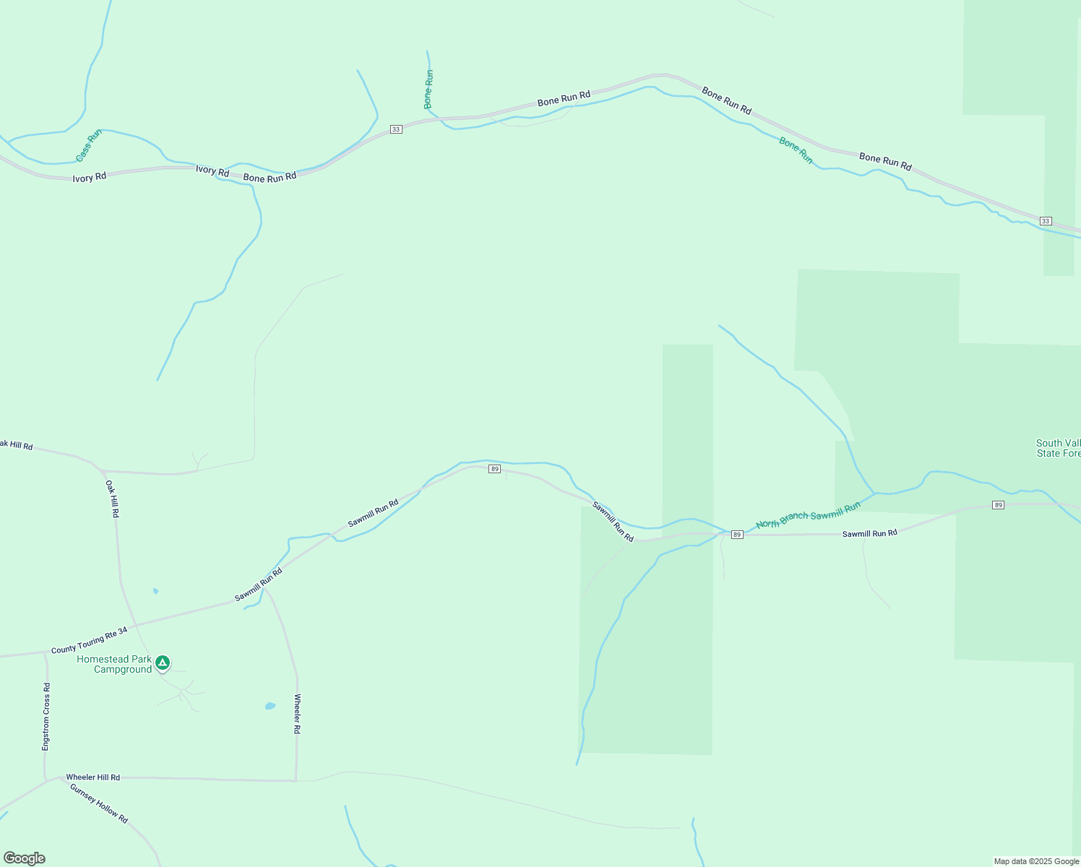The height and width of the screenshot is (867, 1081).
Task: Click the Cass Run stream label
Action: [x=89, y=145]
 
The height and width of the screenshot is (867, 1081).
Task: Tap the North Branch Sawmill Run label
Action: [x=808, y=515]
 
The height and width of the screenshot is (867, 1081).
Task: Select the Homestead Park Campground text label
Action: [x=115, y=664]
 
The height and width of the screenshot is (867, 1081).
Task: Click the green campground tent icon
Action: [x=163, y=662]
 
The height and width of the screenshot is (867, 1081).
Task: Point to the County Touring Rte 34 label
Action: [x=89, y=641]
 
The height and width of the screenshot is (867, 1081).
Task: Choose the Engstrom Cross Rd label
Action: [x=46, y=717]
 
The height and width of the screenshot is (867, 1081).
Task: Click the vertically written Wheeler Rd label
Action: [x=297, y=714]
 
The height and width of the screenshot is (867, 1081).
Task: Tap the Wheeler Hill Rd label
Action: [x=93, y=777]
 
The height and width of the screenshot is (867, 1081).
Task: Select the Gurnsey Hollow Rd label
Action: [x=99, y=803]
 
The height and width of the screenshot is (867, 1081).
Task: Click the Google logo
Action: [x=24, y=858]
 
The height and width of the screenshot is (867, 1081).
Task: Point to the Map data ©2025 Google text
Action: [x=1036, y=861]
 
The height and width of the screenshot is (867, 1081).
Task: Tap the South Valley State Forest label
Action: [x=1059, y=448]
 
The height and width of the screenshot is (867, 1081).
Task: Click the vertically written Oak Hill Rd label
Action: [x=112, y=499]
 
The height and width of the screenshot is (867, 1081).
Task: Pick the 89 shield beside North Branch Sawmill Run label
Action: [x=736, y=535]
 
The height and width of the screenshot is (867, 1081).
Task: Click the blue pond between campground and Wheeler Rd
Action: [x=270, y=706]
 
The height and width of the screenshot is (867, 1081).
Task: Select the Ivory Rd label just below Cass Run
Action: [x=90, y=177]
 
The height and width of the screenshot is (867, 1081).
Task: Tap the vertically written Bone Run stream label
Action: [x=429, y=89]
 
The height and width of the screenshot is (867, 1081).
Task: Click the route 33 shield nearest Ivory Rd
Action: [x=395, y=129]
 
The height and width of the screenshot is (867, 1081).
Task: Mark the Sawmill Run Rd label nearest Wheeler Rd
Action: [x=258, y=585]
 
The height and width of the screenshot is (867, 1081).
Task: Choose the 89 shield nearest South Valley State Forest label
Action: [x=998, y=505]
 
